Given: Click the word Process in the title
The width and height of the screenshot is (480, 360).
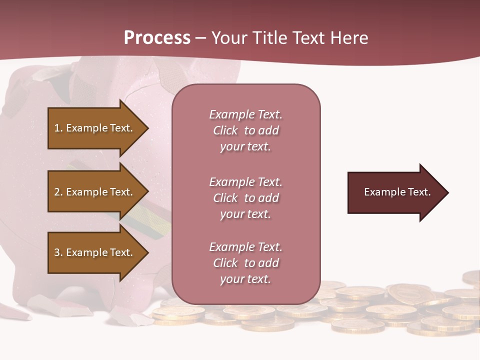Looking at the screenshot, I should coord(157,38).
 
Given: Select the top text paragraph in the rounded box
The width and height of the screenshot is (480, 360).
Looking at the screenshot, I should coord(245,130).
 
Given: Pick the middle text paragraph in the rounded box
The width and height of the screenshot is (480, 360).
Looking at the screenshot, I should coord(245,198).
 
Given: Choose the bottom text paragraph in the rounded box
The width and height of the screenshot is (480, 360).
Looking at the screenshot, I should coord(245,263).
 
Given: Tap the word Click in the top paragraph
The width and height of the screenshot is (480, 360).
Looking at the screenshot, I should coord(225,131).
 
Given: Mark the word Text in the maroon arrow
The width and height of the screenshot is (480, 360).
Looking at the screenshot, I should coord(419,192).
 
